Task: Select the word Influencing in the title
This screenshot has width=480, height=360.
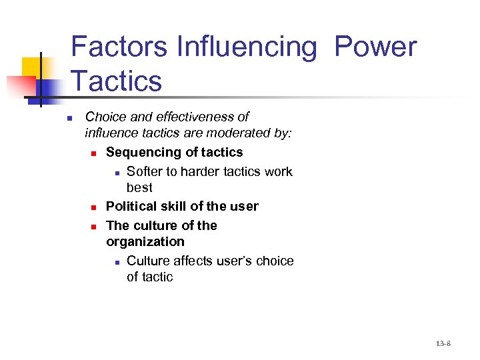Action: (247, 47)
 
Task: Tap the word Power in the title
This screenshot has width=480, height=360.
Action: (375, 47)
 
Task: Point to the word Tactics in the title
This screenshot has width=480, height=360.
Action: (116, 81)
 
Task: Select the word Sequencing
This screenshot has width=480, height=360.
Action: (146, 152)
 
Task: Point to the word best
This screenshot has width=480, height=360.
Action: (139, 188)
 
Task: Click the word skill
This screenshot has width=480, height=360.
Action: (176, 206)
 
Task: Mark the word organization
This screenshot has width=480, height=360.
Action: (145, 241)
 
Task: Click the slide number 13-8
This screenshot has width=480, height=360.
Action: (443, 344)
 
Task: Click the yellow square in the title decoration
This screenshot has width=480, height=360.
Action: (32, 67)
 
